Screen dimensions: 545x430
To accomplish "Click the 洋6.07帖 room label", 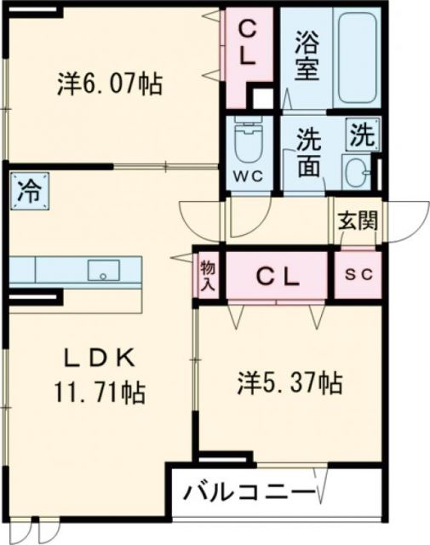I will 111,83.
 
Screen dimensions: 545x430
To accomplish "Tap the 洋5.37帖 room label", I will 290,384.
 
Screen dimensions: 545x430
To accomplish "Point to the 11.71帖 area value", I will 99,393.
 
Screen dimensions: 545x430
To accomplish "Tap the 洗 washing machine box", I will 362,134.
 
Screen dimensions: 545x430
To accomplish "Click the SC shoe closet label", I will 357,275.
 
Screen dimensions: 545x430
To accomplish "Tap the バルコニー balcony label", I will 249,492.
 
